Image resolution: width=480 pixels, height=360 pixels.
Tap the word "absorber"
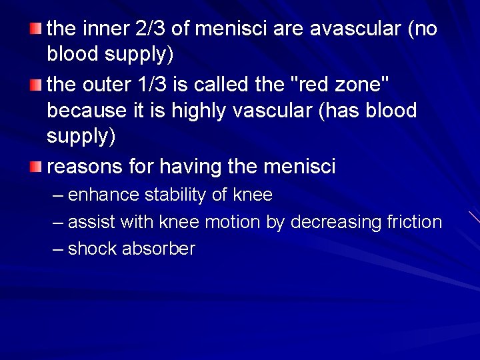click(159, 249)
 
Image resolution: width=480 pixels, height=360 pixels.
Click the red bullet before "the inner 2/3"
click(36, 29)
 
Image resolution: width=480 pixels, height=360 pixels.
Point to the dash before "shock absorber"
click(58, 249)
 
